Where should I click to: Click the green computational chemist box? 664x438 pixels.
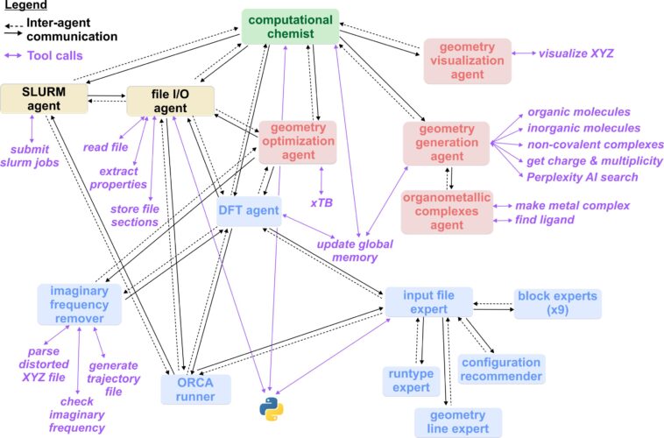coord(291,26)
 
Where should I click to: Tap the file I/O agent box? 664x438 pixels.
coord(171,101)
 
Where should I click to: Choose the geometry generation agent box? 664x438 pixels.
coord(446,142)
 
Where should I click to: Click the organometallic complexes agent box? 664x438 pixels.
coord(446,211)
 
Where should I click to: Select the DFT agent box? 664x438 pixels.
coord(249,210)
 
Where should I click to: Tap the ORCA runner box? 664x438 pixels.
coord(195,389)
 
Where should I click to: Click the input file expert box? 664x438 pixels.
coord(428,303)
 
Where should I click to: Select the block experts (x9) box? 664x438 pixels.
coord(558,303)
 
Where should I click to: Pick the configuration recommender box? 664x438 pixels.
coord(501,369)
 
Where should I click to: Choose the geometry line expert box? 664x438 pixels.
coord(458,422)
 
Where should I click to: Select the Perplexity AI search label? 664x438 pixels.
coord(583,176)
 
